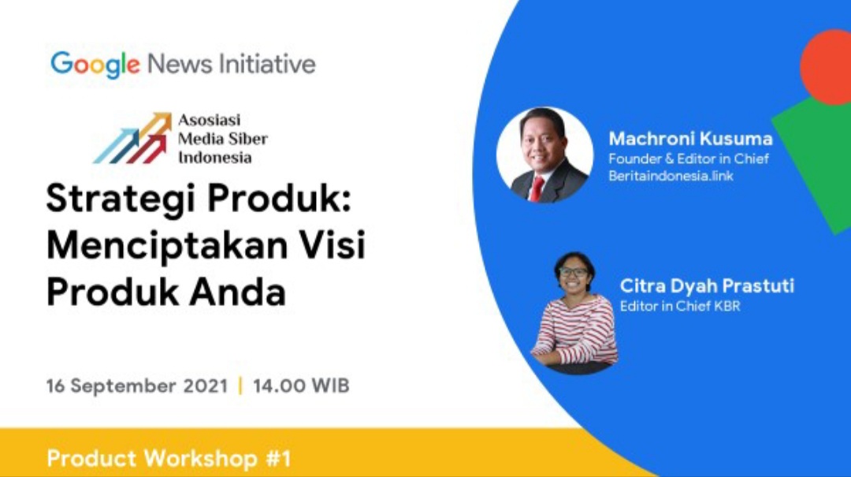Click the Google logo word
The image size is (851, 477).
point(95,65)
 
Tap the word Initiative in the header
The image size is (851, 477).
point(267,64)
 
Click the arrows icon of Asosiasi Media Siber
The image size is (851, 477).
point(132,138)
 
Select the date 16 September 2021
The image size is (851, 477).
point(137,386)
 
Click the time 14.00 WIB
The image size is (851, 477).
point(301,386)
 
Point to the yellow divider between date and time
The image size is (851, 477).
point(240,386)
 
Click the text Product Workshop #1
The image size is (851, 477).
point(169,458)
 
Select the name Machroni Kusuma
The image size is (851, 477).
point(690,139)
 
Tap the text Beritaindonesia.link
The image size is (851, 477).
point(671,176)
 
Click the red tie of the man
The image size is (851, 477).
point(537,188)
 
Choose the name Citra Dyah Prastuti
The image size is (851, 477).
point(707,285)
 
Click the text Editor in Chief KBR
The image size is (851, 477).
point(680,306)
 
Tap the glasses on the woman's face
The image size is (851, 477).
point(573,272)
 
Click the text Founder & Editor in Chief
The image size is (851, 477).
point(689,158)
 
